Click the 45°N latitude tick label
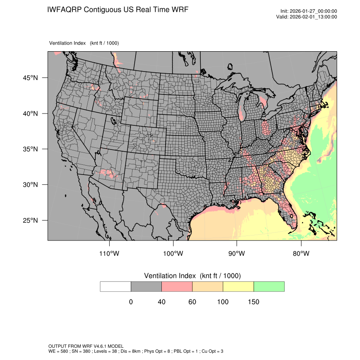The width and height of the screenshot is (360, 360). tap(30, 78)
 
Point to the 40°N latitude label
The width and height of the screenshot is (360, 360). tap(30, 114)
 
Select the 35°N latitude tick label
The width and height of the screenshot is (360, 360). tap(30, 149)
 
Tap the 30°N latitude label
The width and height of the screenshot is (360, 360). tap(30, 185)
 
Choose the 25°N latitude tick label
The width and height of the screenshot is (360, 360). tap(30, 220)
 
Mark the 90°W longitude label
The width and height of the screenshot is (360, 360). tap(237, 253)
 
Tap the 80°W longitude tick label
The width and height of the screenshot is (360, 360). tap(301, 253)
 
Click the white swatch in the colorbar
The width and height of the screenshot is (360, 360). tap(116, 286)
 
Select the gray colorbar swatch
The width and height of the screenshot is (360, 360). tap(146, 286)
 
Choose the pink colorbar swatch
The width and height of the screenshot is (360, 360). tap(177, 286)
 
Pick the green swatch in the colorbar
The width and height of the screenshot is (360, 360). tap(269, 286)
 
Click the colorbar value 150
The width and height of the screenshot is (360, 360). tap(253, 302)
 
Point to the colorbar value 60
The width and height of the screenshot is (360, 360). tap(192, 302)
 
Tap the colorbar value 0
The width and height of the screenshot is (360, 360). tap(131, 302)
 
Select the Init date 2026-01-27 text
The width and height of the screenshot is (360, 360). tap(313, 11)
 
